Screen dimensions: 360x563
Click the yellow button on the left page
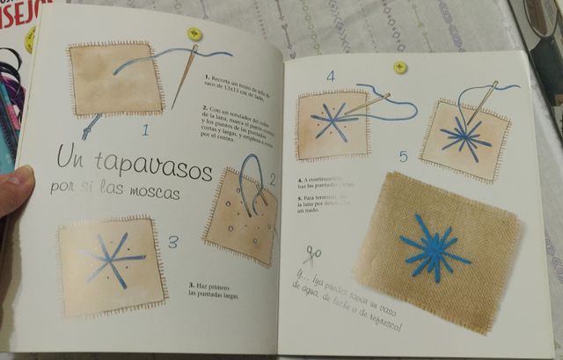coord(194,33)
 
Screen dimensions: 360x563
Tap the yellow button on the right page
coord(400,67)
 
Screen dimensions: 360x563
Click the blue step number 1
coord(145,132)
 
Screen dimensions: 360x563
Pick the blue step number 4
coord(331,77)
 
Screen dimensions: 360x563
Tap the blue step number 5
coord(404,158)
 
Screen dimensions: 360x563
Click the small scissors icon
coord(311,256)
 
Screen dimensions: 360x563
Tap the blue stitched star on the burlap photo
coord(433,248)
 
